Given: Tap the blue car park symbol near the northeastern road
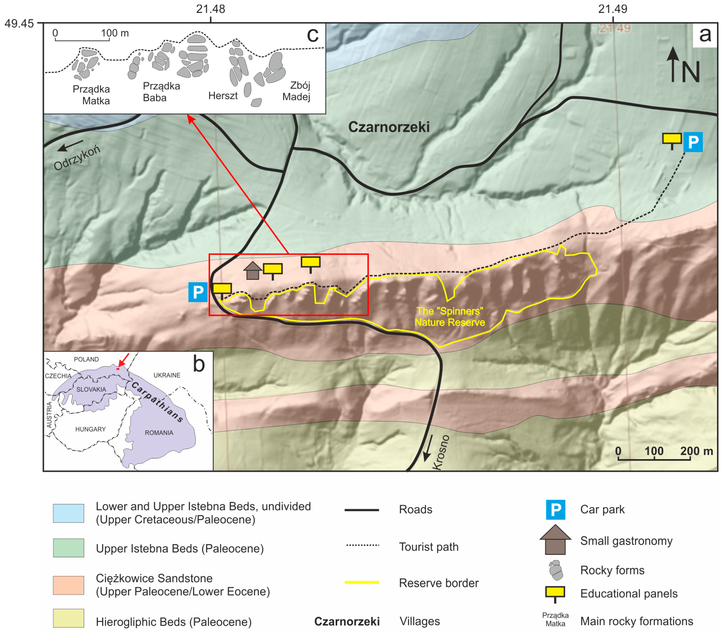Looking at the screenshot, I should [x=693, y=142].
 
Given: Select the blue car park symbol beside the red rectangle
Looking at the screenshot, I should [x=198, y=292].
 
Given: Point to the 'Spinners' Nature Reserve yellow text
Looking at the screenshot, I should [x=449, y=316].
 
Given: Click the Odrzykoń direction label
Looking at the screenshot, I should [x=77, y=157].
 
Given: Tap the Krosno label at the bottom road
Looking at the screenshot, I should [x=441, y=452].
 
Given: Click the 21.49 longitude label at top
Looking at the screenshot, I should [x=613, y=9].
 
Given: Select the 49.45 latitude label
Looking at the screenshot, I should [x=19, y=24].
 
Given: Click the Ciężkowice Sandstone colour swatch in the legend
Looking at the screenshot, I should [x=68, y=585].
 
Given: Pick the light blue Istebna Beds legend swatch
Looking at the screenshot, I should [x=68, y=513].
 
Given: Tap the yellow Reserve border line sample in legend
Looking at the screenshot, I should [x=362, y=583].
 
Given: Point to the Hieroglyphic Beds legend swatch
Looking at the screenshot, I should [x=68, y=618].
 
